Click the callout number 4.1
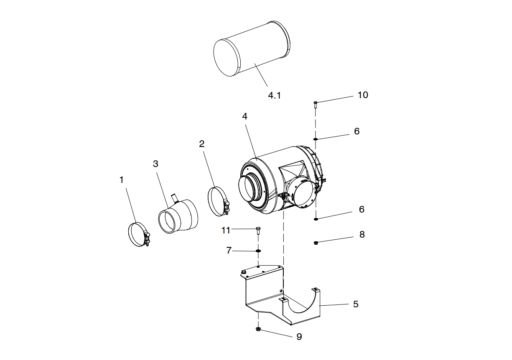(x=274, y=96)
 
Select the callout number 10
(x=363, y=95)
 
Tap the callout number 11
(x=226, y=230)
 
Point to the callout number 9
(x=299, y=337)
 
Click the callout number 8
(x=362, y=235)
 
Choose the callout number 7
(x=229, y=251)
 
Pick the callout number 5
(x=356, y=304)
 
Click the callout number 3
(x=155, y=164)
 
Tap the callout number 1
(x=122, y=180)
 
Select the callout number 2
(x=202, y=144)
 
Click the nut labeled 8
(x=316, y=242)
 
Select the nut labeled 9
(x=258, y=330)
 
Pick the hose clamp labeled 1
(x=138, y=235)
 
